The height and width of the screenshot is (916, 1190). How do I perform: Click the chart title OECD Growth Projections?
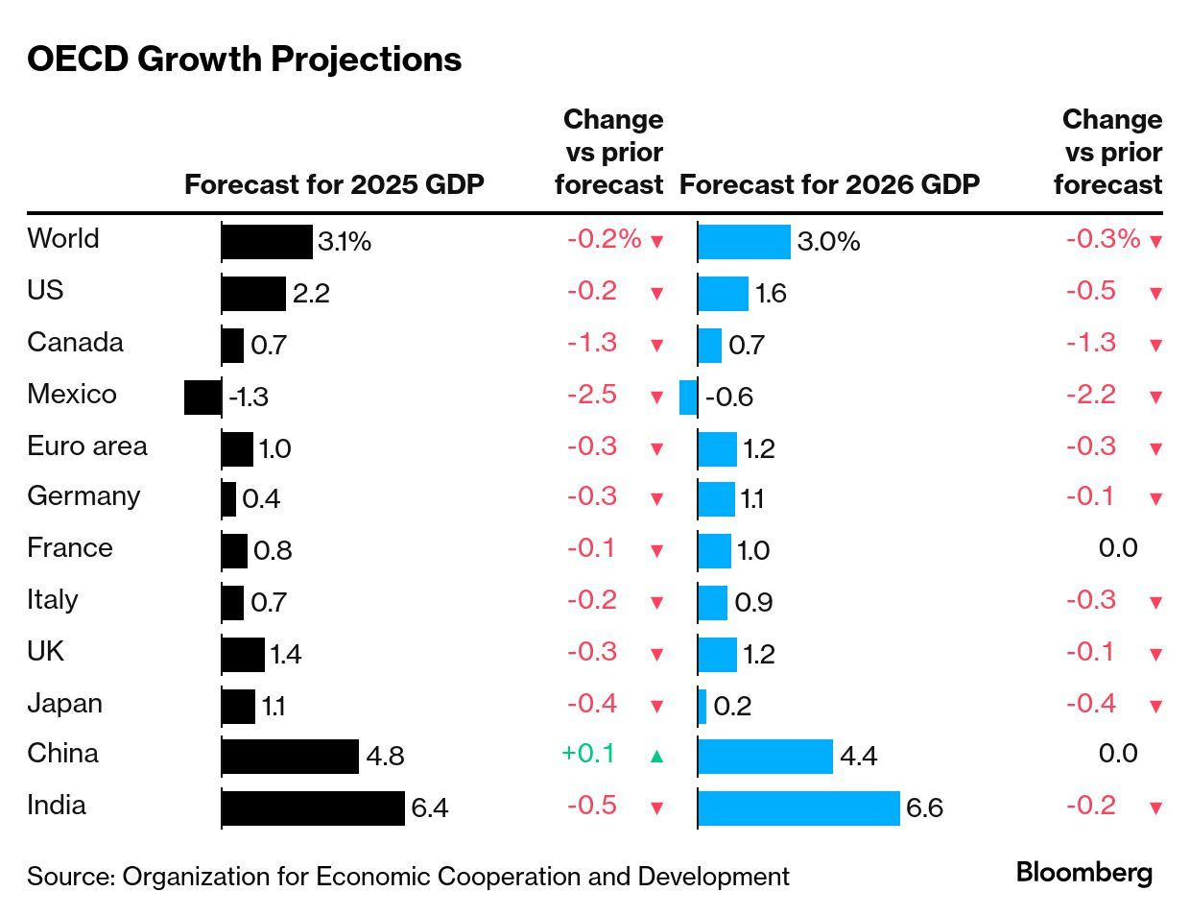(244, 60)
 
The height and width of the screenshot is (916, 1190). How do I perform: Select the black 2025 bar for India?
(313, 808)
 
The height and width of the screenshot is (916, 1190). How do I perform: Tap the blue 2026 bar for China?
(765, 756)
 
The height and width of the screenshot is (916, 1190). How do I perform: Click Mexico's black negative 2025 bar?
(202, 397)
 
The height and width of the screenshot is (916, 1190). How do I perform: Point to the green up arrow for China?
(656, 756)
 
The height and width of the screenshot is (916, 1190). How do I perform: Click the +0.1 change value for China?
(587, 754)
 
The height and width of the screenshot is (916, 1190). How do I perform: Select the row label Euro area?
(87, 446)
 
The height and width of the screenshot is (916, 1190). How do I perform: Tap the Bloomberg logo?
(1083, 873)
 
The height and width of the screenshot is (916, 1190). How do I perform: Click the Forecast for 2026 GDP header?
(829, 184)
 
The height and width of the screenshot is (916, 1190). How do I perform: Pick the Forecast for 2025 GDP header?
(334, 184)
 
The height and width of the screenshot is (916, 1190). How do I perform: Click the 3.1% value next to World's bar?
(345, 242)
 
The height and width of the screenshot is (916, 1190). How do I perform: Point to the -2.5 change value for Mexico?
(591, 395)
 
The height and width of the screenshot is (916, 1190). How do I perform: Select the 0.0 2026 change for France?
(1118, 548)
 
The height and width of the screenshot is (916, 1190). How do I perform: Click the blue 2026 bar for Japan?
(702, 706)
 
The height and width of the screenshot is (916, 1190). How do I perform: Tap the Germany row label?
(83, 496)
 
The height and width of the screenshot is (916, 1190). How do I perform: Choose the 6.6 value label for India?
(924, 808)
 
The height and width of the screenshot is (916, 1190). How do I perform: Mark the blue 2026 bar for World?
(744, 242)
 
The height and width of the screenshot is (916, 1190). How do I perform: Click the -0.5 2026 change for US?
(1091, 291)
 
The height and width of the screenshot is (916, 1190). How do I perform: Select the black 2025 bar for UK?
(243, 654)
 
